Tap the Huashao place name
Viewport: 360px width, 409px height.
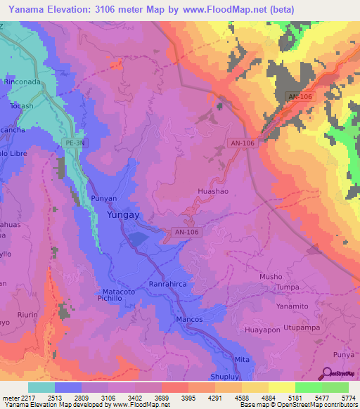(x=214, y=190)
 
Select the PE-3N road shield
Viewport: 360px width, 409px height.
(x=75, y=143)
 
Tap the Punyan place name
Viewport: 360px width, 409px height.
(x=103, y=199)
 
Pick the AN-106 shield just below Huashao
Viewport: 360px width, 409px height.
(x=185, y=232)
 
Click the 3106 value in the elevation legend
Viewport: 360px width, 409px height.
(x=108, y=398)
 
